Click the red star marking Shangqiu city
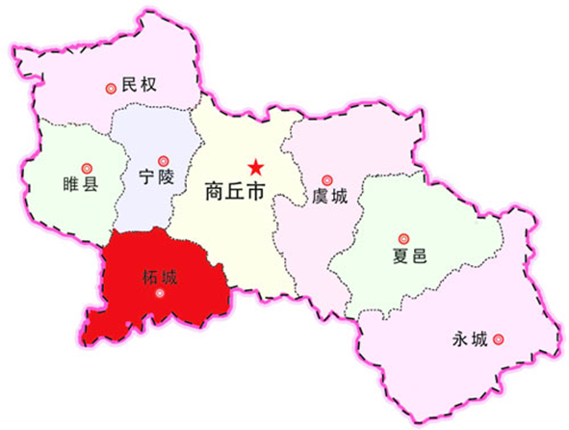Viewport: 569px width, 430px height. (255, 166)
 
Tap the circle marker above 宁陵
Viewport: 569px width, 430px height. (163, 158)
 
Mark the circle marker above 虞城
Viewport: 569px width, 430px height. (326, 179)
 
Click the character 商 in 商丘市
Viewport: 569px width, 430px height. (215, 191)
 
